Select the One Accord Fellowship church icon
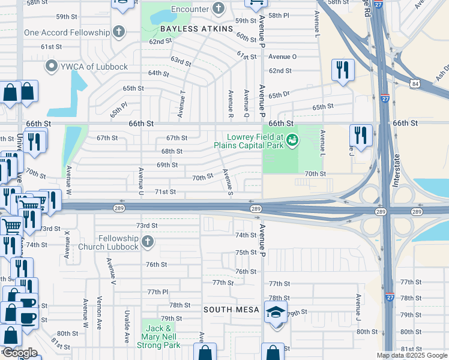pyautogui.click(x=119, y=32)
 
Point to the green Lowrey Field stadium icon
pyautogui.click(x=292, y=140)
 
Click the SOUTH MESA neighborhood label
pyautogui.click(x=231, y=310)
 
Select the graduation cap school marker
pyautogui.click(x=276, y=313)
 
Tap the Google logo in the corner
pyautogui.click(x=19, y=353)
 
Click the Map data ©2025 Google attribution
pyautogui.click(x=412, y=355)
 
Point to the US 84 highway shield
pyautogui.click(x=415, y=83)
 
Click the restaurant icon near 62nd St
pyautogui.click(x=343, y=69)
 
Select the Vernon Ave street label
pyautogui.click(x=99, y=311)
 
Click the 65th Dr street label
pyautogui.click(x=279, y=95)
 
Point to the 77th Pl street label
pyautogui.click(x=158, y=292)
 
